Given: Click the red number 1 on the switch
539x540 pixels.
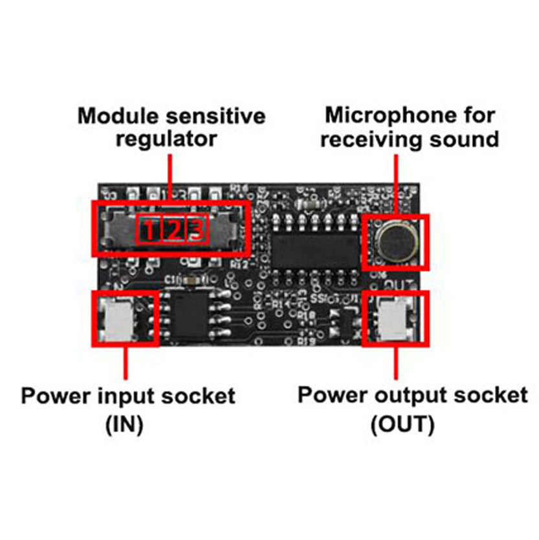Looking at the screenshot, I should (x=149, y=230).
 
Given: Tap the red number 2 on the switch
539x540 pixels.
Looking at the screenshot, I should (x=173, y=230).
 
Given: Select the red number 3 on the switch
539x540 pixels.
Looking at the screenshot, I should (x=197, y=230).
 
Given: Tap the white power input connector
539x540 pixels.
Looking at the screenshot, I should (x=120, y=319).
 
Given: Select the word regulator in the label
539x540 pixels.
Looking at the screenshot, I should (x=167, y=139).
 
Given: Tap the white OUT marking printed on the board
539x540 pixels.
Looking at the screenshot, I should (x=395, y=285).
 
